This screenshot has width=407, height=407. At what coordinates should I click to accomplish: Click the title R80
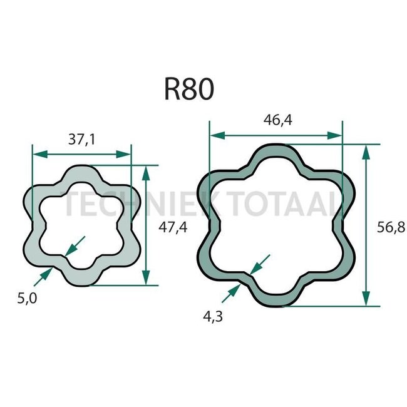(x=189, y=90)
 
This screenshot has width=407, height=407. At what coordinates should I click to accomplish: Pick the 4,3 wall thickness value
(x=213, y=316)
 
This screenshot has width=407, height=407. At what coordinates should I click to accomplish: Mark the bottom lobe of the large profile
(x=276, y=299)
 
